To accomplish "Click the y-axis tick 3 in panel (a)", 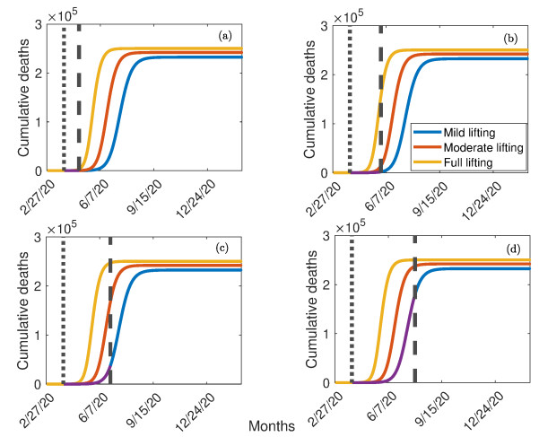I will (38, 19).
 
